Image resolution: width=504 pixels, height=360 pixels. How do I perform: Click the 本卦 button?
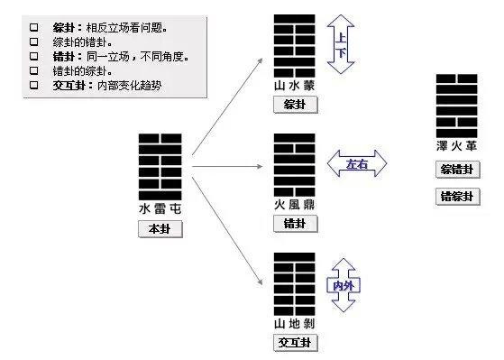click(x=160, y=229)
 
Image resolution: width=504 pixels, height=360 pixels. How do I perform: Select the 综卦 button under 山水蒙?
click(x=294, y=104)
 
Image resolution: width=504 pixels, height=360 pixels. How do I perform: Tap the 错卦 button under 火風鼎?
click(x=294, y=223)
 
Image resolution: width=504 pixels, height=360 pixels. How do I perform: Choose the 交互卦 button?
click(x=294, y=342)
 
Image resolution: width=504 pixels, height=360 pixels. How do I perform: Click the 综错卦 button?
click(x=456, y=170)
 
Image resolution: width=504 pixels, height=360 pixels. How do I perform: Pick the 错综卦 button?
click(x=456, y=197)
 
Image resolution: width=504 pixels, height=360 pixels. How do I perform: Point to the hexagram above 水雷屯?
click(x=160, y=166)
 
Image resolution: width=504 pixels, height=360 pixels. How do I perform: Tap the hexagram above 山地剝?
click(x=294, y=284)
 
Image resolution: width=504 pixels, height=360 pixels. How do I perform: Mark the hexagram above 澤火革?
click(x=456, y=105)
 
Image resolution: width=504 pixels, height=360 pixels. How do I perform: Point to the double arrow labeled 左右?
click(x=356, y=163)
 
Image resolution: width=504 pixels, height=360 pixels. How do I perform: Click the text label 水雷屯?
click(x=160, y=208)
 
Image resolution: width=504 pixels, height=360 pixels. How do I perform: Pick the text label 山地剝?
click(x=294, y=323)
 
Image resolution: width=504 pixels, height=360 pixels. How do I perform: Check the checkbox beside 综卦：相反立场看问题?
click(x=34, y=27)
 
